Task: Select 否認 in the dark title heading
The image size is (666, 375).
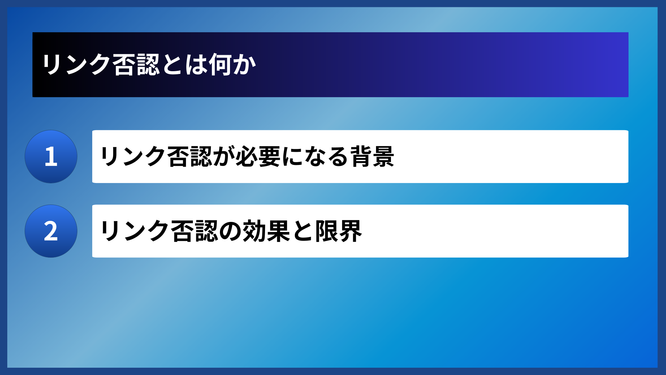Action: [x=136, y=65]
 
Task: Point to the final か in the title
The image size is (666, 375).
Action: [x=244, y=65]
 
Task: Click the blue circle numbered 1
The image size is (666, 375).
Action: [x=51, y=157]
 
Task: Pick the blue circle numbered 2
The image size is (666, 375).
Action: [x=51, y=231]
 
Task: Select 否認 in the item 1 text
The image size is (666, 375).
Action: [x=189, y=157]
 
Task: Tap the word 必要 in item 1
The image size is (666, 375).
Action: [x=258, y=157]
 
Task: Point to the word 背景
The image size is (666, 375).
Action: [x=372, y=157]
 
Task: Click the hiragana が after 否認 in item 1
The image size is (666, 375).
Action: [x=224, y=157]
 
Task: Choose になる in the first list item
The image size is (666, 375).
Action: [x=315, y=157]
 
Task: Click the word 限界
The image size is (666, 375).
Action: [x=339, y=231]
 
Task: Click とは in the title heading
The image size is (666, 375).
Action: [x=184, y=65]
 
